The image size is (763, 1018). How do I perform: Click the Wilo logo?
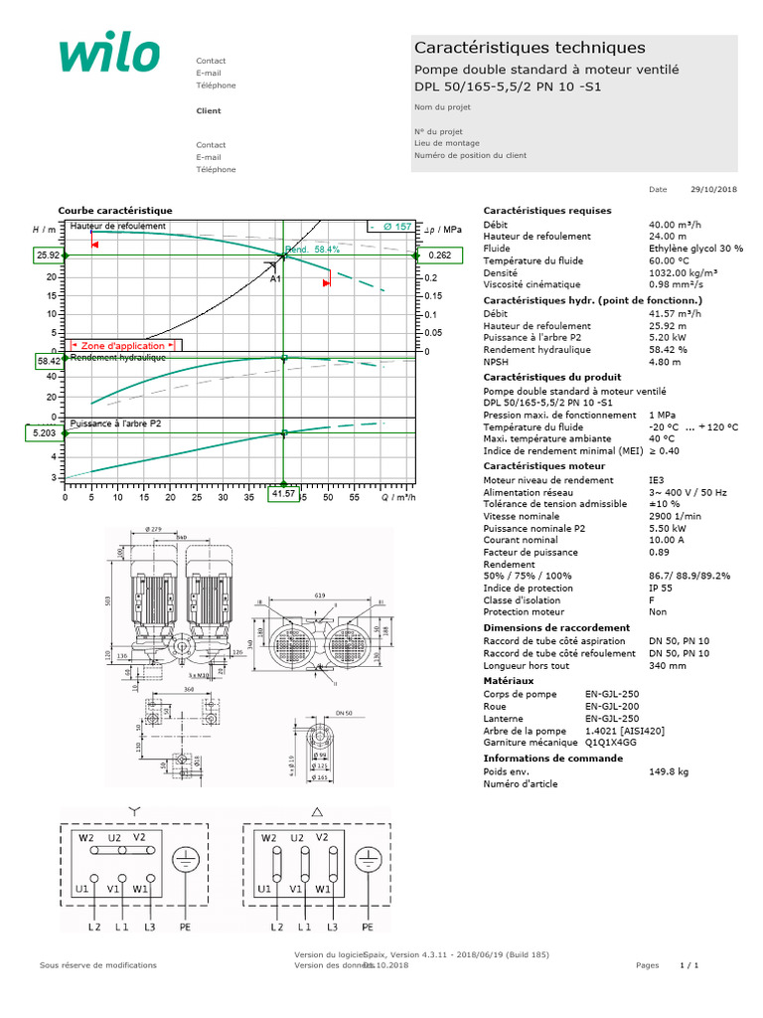(x=108, y=56)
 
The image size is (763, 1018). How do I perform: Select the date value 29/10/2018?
(x=715, y=189)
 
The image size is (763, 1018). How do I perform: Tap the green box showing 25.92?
(x=47, y=255)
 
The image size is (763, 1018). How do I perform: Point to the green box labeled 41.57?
(x=284, y=494)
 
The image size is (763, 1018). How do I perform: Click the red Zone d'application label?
(x=122, y=345)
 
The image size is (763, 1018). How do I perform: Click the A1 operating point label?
(x=276, y=279)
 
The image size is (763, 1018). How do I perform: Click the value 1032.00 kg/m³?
(x=684, y=271)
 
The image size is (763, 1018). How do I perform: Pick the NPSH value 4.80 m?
(x=665, y=362)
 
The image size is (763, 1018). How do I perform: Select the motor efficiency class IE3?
(x=657, y=480)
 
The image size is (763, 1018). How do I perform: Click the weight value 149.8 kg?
(x=668, y=770)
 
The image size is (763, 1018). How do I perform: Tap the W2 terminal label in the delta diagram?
(x=268, y=838)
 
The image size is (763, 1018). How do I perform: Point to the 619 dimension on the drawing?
(x=320, y=594)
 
